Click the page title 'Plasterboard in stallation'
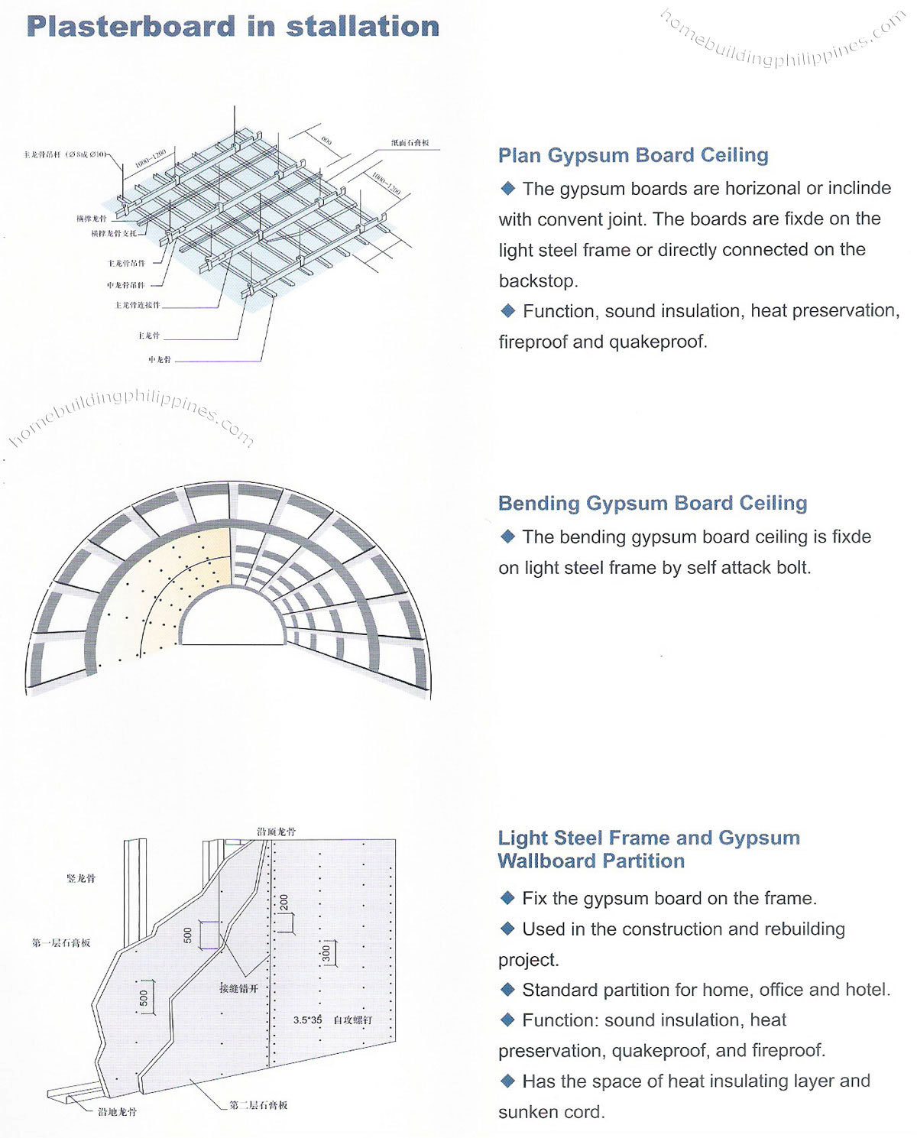pos(232,27)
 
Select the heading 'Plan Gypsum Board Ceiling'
pos(633,155)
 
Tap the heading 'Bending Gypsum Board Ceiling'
pos(652,503)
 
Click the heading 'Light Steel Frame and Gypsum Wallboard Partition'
pos(648,849)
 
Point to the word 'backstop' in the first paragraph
pos(536,280)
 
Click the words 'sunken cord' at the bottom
pos(550,1112)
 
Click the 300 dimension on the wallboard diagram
pos(326,953)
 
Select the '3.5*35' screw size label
pos(308,1020)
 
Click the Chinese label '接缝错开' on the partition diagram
pos(238,988)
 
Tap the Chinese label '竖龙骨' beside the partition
pos(81,879)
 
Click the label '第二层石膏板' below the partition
pos(258,1105)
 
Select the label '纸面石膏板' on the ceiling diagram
pos(410,143)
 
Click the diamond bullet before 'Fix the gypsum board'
pos(508,898)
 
